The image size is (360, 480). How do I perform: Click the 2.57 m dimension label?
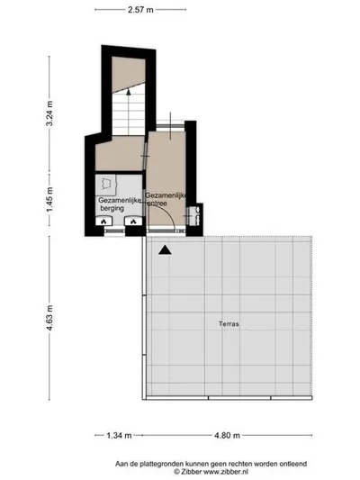click(x=140, y=10)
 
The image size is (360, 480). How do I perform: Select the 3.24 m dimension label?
click(x=49, y=113)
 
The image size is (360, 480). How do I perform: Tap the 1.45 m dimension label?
click(x=49, y=199)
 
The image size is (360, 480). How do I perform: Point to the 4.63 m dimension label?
click(x=49, y=318)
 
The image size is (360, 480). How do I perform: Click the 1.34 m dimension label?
click(x=119, y=435)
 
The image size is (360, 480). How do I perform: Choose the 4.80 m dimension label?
click(x=227, y=435)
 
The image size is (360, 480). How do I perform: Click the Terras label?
click(x=229, y=323)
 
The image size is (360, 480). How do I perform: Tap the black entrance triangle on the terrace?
click(x=165, y=250)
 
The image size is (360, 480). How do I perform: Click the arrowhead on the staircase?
click(x=129, y=91)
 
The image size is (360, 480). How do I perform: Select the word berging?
click(x=112, y=208)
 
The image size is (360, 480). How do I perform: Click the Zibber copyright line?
click(x=211, y=472)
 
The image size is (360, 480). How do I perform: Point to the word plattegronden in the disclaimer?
click(x=157, y=464)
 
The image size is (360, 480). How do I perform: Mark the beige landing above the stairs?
click(x=128, y=74)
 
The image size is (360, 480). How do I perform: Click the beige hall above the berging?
click(x=120, y=154)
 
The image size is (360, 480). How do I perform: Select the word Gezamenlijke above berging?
click(x=120, y=200)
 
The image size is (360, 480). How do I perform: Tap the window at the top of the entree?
click(x=171, y=126)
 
